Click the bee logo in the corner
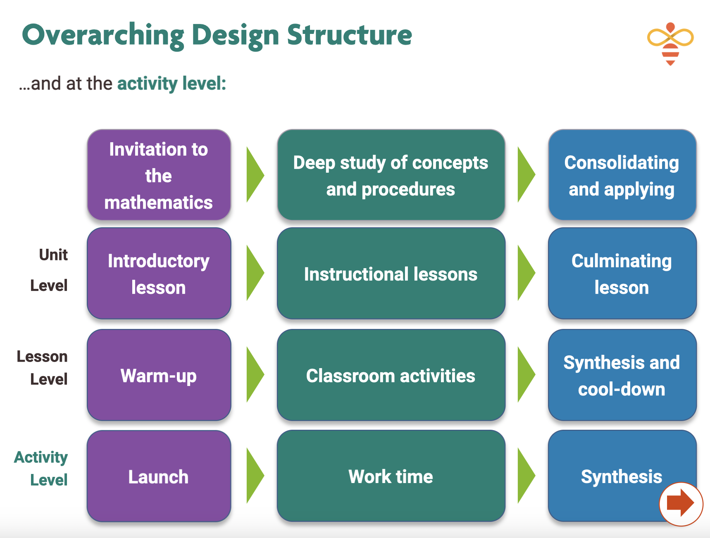tap(670, 43)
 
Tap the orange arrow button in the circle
tap(681, 504)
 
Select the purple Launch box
tap(159, 476)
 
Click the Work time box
tap(391, 476)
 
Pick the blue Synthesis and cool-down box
tap(622, 375)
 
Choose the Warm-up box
tap(159, 375)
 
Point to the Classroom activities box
tap(391, 375)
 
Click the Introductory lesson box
tap(159, 274)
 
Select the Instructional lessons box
tap(391, 274)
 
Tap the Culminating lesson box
tap(622, 274)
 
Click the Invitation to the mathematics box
tap(159, 175)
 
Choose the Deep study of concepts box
tap(391, 175)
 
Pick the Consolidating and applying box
tap(622, 175)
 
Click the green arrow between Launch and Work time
tap(255, 476)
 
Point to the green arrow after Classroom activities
tap(526, 375)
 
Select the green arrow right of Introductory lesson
tap(255, 273)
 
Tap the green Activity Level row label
tap(41, 469)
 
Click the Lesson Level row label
tap(42, 368)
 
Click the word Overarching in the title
tap(103, 36)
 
